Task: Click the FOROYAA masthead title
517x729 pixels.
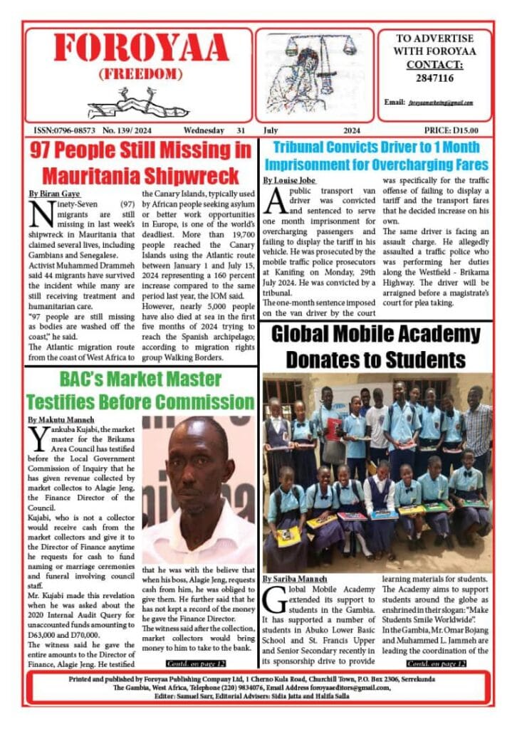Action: coord(141,48)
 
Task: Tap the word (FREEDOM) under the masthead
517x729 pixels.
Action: coord(141,74)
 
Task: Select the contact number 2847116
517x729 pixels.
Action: coord(434,78)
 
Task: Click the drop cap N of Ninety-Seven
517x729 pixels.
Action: coord(39,211)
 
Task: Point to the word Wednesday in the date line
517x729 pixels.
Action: coord(204,131)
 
